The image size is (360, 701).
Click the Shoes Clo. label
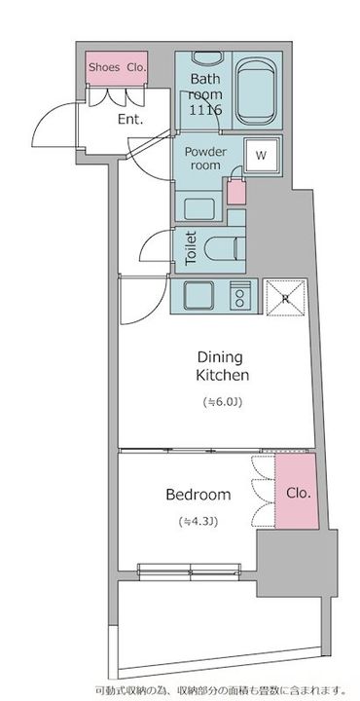point(117,67)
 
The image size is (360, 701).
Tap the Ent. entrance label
point(130,120)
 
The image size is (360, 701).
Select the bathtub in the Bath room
point(256,92)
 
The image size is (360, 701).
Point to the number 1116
point(205,110)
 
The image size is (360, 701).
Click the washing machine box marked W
point(262,155)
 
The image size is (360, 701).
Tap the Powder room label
point(205,159)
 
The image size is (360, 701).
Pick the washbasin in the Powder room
point(199,207)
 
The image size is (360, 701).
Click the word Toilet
point(191,247)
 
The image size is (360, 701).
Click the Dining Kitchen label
point(223,366)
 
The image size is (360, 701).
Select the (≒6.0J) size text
point(223,402)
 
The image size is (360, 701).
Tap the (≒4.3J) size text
point(198,521)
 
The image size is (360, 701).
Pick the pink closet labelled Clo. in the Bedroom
point(297,492)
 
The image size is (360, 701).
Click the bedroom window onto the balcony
point(189,571)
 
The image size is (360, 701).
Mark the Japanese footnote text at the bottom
point(220,689)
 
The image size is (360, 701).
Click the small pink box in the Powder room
point(236,192)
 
